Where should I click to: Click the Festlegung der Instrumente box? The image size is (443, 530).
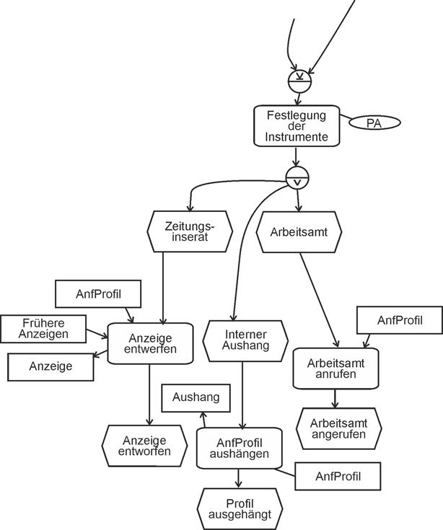297,125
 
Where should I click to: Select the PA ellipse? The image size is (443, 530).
373,123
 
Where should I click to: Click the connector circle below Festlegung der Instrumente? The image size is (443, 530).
297,177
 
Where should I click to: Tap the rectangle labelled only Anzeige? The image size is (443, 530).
51,366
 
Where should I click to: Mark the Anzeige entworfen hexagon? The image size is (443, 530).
145,446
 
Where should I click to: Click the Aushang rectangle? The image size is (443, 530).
196,398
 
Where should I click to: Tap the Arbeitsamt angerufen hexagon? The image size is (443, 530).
338,428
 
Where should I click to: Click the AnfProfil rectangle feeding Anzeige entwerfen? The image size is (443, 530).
98,293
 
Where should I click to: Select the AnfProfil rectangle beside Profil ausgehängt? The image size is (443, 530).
338,476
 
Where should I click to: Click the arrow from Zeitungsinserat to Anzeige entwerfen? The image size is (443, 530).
164,288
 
